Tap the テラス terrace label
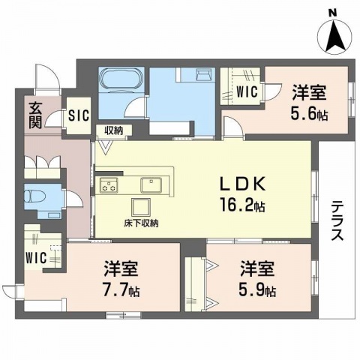[337, 220]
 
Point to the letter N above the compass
[332, 10]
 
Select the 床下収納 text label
[140, 223]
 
